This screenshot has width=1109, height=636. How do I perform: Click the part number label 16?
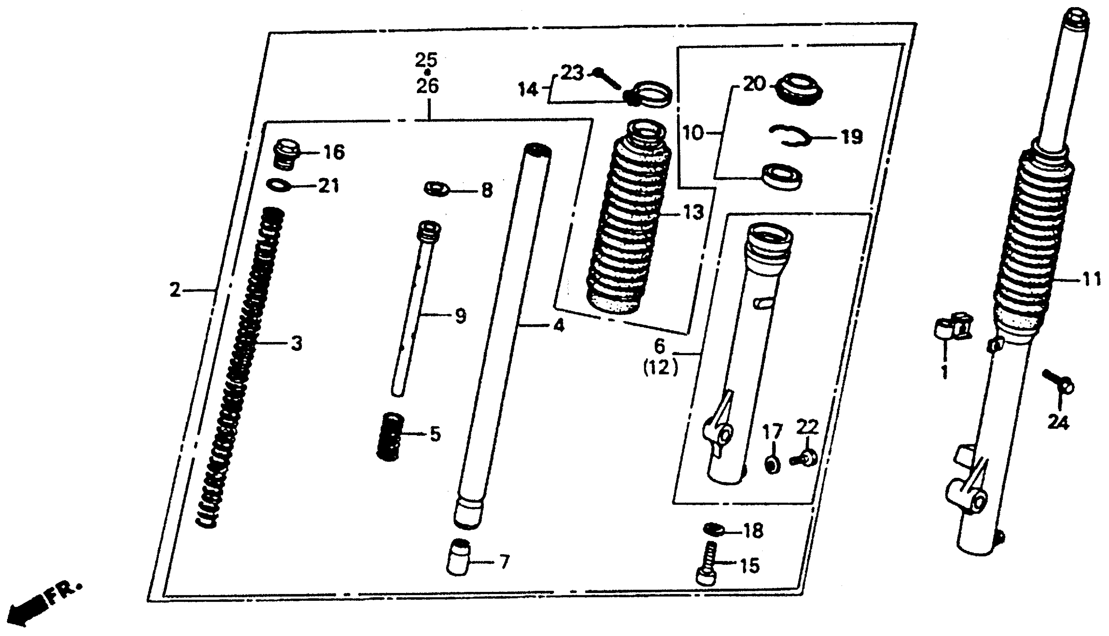pyautogui.click(x=334, y=152)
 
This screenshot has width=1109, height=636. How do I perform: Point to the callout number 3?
pyautogui.click(x=297, y=343)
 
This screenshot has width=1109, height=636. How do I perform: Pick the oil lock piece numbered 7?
pyautogui.click(x=458, y=557)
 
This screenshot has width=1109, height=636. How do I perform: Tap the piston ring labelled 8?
pyautogui.click(x=437, y=189)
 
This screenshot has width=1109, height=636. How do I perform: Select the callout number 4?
pyautogui.click(x=558, y=325)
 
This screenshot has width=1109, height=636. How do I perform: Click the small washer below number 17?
pyautogui.click(x=773, y=464)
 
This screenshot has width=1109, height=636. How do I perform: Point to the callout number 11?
pyautogui.click(x=1092, y=278)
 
